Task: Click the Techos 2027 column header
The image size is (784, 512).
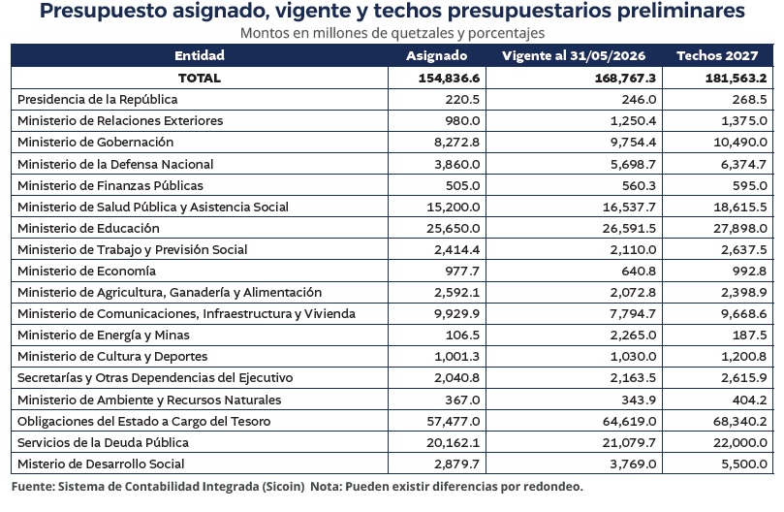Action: pyautogui.click(x=717, y=55)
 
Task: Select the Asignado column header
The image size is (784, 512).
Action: pyautogui.click(x=436, y=55)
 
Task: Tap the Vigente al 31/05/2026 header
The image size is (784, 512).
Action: pyautogui.click(x=574, y=55)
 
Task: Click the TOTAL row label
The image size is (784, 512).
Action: pyautogui.click(x=200, y=79)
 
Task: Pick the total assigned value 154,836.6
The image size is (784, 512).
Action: pyautogui.click(x=449, y=79)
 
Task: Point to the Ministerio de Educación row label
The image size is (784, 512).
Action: pyautogui.click(x=88, y=228)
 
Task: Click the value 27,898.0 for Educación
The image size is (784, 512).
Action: pyautogui.click(x=740, y=228)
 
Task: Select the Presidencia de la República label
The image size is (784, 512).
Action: pyautogui.click(x=98, y=99)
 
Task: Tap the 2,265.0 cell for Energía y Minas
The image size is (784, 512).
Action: pyautogui.click(x=633, y=335)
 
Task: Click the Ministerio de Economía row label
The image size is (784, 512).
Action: pyautogui.click(x=86, y=271)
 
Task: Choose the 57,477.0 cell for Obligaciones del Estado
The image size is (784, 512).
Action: pyautogui.click(x=453, y=422)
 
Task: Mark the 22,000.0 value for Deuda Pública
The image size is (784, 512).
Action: pyautogui.click(x=740, y=442)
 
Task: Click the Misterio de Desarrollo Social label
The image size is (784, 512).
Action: pyautogui.click(x=101, y=464)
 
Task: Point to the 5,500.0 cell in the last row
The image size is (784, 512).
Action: pyautogui.click(x=744, y=464)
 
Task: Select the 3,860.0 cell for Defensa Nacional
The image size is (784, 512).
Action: pyautogui.click(x=457, y=164)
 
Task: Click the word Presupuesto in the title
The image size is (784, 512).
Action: pyautogui.click(x=103, y=11)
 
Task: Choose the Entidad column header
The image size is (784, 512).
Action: pyautogui.click(x=200, y=55)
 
